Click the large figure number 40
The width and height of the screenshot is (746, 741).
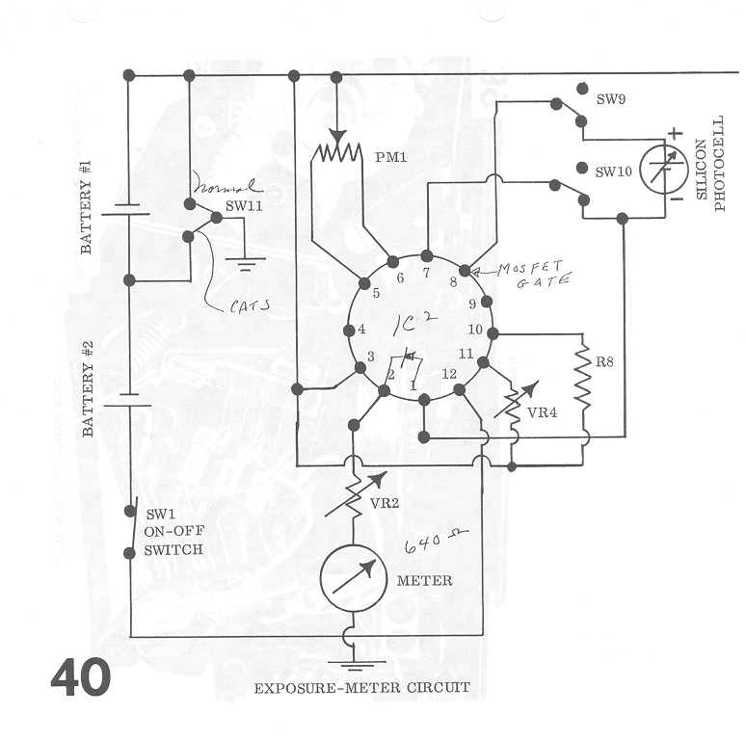81,677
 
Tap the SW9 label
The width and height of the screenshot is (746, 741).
612,98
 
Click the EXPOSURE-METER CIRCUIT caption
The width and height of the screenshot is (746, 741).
361,688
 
